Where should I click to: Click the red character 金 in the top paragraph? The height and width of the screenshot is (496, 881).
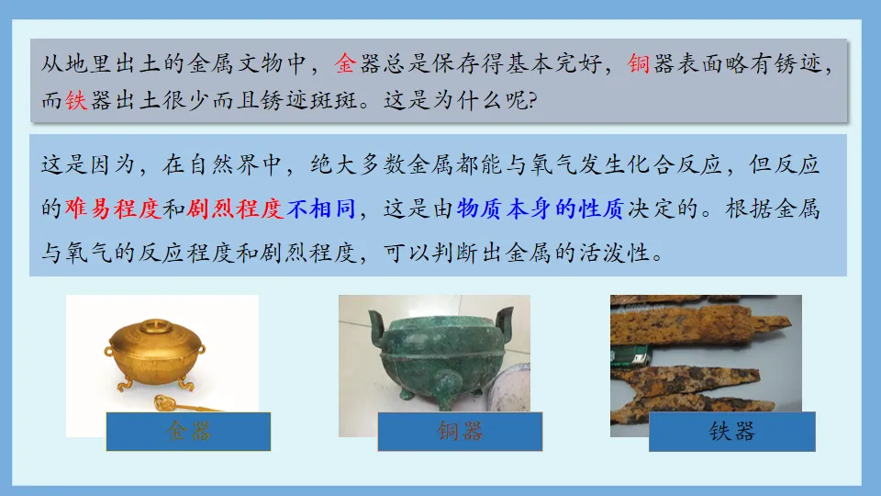point(345,64)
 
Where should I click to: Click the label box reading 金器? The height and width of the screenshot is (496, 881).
point(188,431)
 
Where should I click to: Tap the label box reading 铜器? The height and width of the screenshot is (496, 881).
point(460,431)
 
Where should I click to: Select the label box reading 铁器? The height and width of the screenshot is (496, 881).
point(731,431)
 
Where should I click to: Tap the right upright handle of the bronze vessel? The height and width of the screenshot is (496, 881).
point(503,323)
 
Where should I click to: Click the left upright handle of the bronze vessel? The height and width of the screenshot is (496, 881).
point(376,326)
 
